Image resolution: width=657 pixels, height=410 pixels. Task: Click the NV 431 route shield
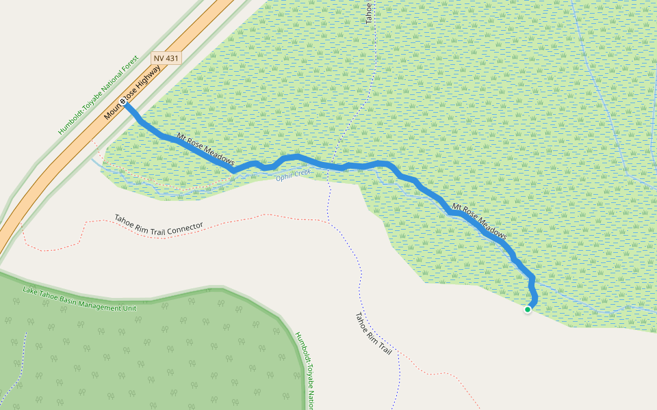(166, 59)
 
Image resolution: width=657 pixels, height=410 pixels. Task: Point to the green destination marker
(528, 310)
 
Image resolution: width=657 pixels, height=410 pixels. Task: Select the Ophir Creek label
(294, 175)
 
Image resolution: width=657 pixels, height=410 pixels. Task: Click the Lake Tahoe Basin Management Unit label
(79, 299)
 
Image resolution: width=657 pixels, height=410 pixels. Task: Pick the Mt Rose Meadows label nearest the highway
(205, 150)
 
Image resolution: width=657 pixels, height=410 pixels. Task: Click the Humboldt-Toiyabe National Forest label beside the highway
(99, 95)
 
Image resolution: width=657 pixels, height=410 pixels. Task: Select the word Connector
(185, 225)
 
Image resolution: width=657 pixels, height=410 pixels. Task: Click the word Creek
(302, 172)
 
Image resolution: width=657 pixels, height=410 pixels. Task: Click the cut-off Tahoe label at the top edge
(368, 12)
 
